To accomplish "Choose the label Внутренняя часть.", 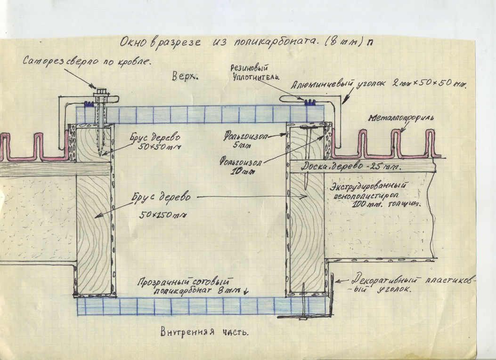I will (x=203, y=332).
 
